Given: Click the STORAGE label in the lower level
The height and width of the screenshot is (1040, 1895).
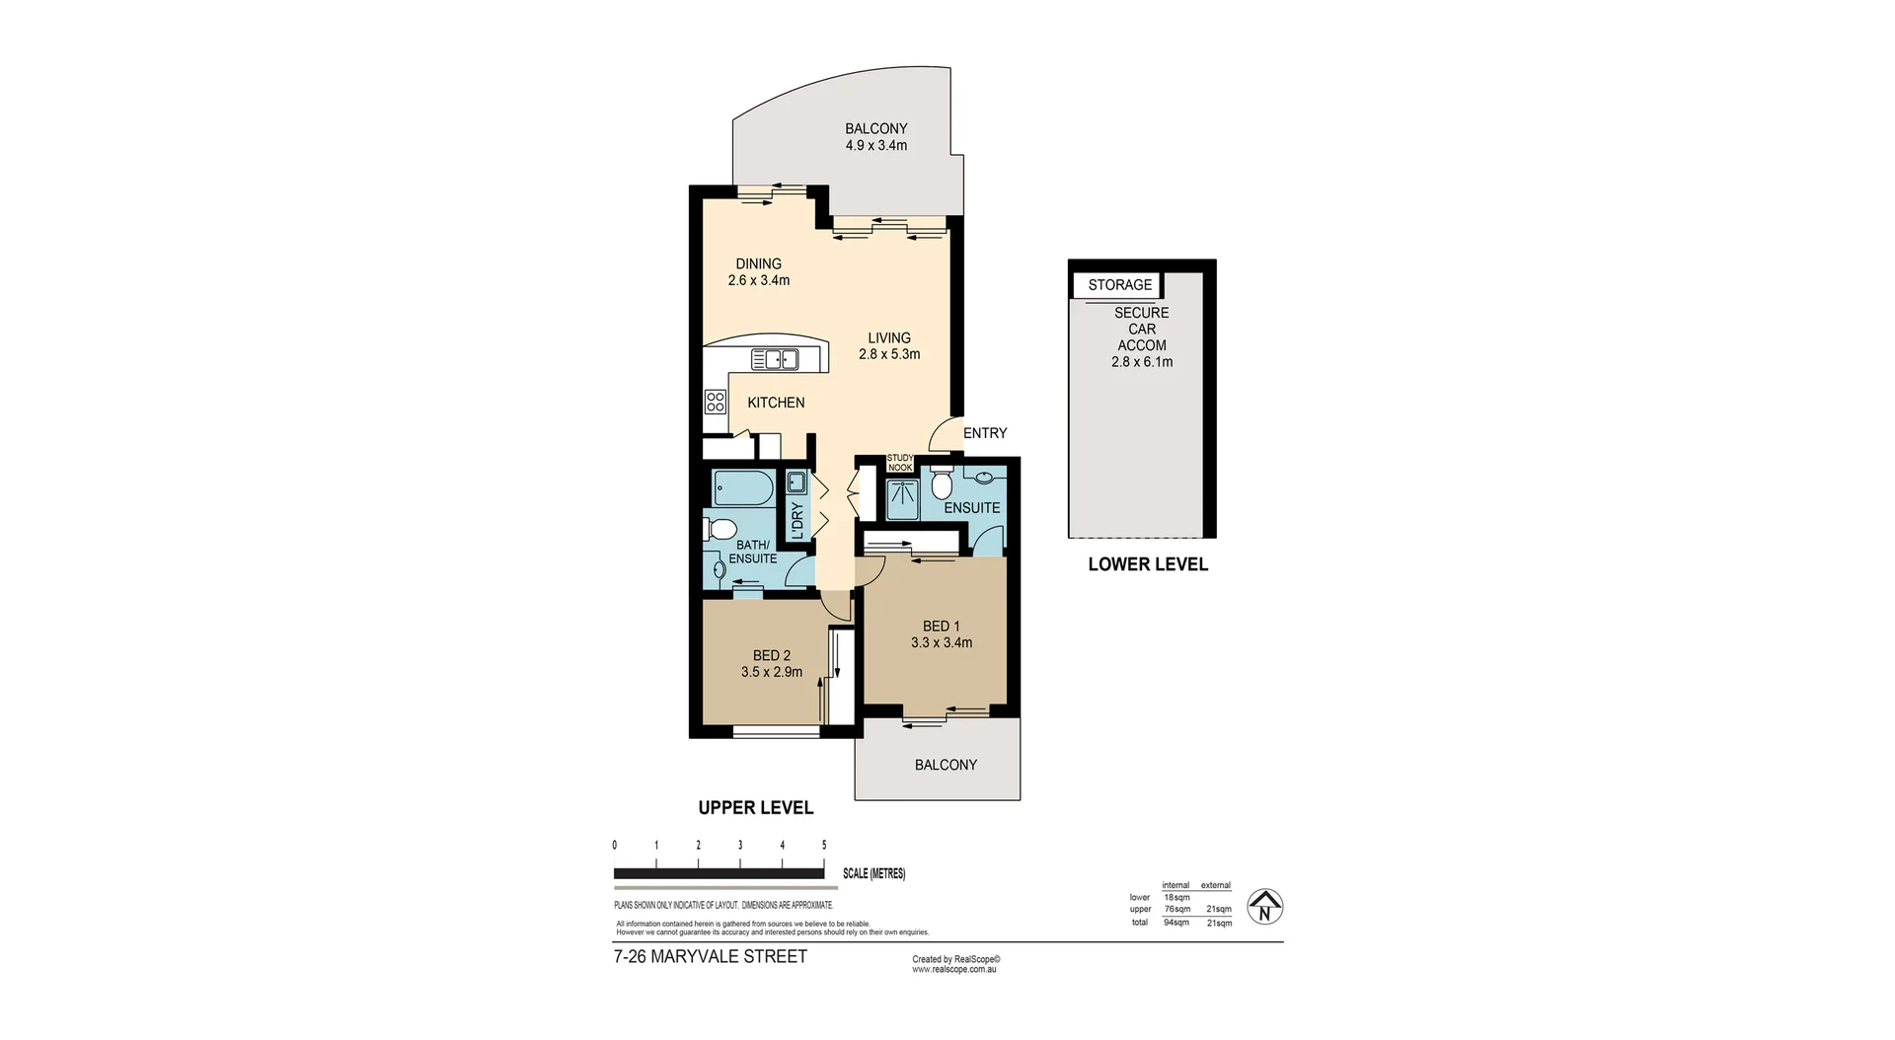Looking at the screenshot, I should (x=1119, y=285).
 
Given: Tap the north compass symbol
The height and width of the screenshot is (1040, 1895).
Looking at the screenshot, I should (x=1264, y=907).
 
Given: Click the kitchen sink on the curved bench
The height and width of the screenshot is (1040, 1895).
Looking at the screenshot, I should (x=775, y=359).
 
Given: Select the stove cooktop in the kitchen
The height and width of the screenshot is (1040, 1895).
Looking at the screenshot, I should (x=716, y=402).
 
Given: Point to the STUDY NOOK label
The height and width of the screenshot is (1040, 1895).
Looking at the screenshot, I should (x=899, y=462).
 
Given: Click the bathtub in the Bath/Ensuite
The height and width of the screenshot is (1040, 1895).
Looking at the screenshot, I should (x=744, y=489).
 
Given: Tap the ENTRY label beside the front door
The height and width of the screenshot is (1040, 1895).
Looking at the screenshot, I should (x=985, y=433).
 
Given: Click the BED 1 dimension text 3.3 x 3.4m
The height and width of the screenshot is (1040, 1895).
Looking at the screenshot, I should (x=941, y=642).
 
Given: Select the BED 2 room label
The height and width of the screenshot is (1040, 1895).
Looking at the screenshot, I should (x=771, y=655).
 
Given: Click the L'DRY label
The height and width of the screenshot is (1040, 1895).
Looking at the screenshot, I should (x=796, y=520).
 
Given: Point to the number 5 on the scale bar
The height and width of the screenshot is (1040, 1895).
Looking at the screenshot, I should (x=824, y=846).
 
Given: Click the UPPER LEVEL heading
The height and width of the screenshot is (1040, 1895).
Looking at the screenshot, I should (x=755, y=807).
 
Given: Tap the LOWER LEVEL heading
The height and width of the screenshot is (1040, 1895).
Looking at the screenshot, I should (x=1147, y=564).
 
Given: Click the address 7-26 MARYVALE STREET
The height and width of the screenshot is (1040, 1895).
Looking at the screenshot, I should (x=710, y=956).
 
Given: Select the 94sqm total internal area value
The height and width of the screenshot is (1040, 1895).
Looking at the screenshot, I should (x=1175, y=923).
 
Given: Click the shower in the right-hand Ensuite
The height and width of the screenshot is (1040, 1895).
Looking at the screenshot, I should (x=901, y=499).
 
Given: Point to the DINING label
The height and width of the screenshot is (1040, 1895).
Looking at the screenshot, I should (x=758, y=263).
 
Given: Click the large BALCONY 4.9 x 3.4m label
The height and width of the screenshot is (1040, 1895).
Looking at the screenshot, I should (x=875, y=137).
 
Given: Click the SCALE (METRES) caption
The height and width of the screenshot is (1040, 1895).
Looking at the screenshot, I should (x=873, y=874).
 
